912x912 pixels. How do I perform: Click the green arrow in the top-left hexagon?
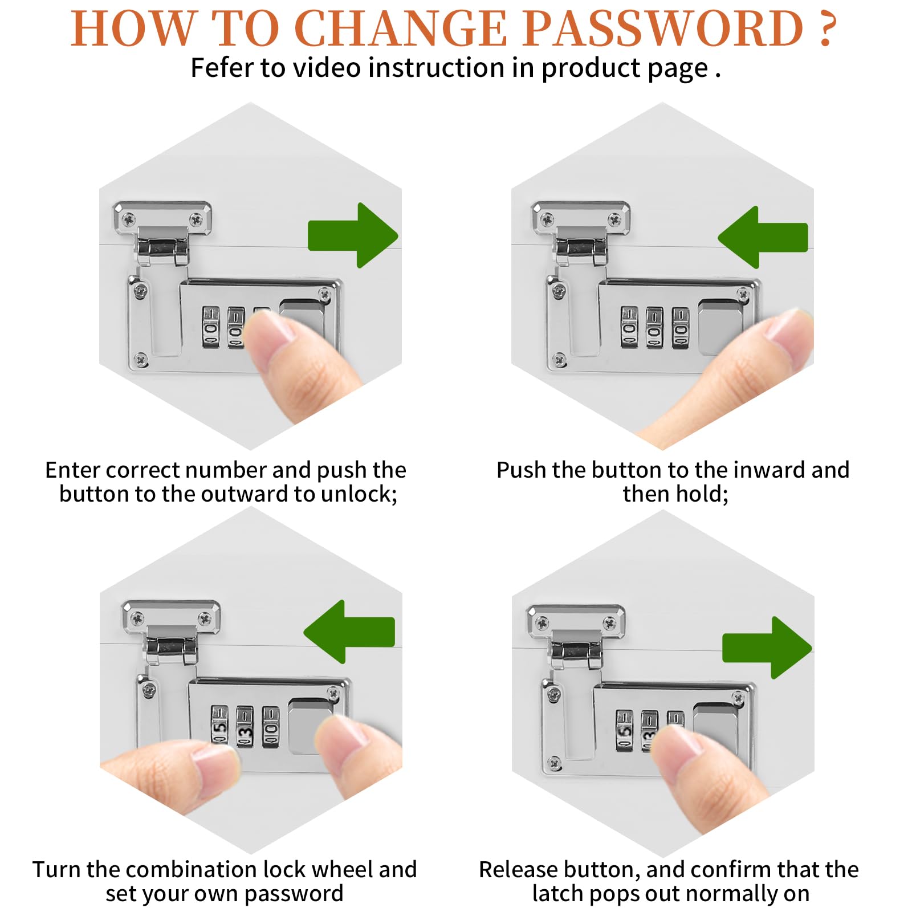(x=353, y=235)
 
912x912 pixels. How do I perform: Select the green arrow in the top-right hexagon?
(x=763, y=237)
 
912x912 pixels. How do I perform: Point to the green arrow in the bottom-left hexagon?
(x=349, y=632)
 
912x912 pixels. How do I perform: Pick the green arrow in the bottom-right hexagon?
(x=767, y=648)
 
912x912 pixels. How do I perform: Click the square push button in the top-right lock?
(x=720, y=327)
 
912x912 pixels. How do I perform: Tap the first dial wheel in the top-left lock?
(x=211, y=327)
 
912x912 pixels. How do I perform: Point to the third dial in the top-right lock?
(x=681, y=328)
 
